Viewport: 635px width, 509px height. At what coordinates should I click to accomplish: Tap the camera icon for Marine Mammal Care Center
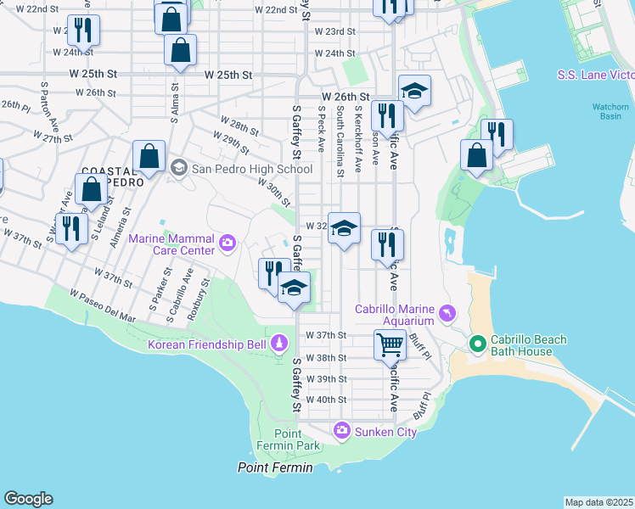pos(227,244)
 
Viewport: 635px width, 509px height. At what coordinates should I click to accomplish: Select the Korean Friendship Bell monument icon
pos(277,344)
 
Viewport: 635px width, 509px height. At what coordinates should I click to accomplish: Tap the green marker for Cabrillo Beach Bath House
pos(477,344)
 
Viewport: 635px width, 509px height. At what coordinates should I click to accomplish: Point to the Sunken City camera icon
pos(342,431)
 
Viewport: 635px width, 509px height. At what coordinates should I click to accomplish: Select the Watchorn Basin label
pos(610,111)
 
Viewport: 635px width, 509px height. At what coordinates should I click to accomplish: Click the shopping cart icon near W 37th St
pos(390,344)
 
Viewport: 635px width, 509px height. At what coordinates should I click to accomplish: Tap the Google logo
pos(28,499)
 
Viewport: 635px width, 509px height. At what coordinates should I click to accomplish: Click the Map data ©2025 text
pos(598,502)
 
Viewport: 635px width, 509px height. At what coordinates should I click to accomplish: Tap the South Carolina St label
pos(340,141)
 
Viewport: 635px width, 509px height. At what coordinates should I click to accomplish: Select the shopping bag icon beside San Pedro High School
pos(149,156)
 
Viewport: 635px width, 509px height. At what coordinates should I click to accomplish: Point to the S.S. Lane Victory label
pos(595,75)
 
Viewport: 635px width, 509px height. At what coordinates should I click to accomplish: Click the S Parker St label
pos(160,288)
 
